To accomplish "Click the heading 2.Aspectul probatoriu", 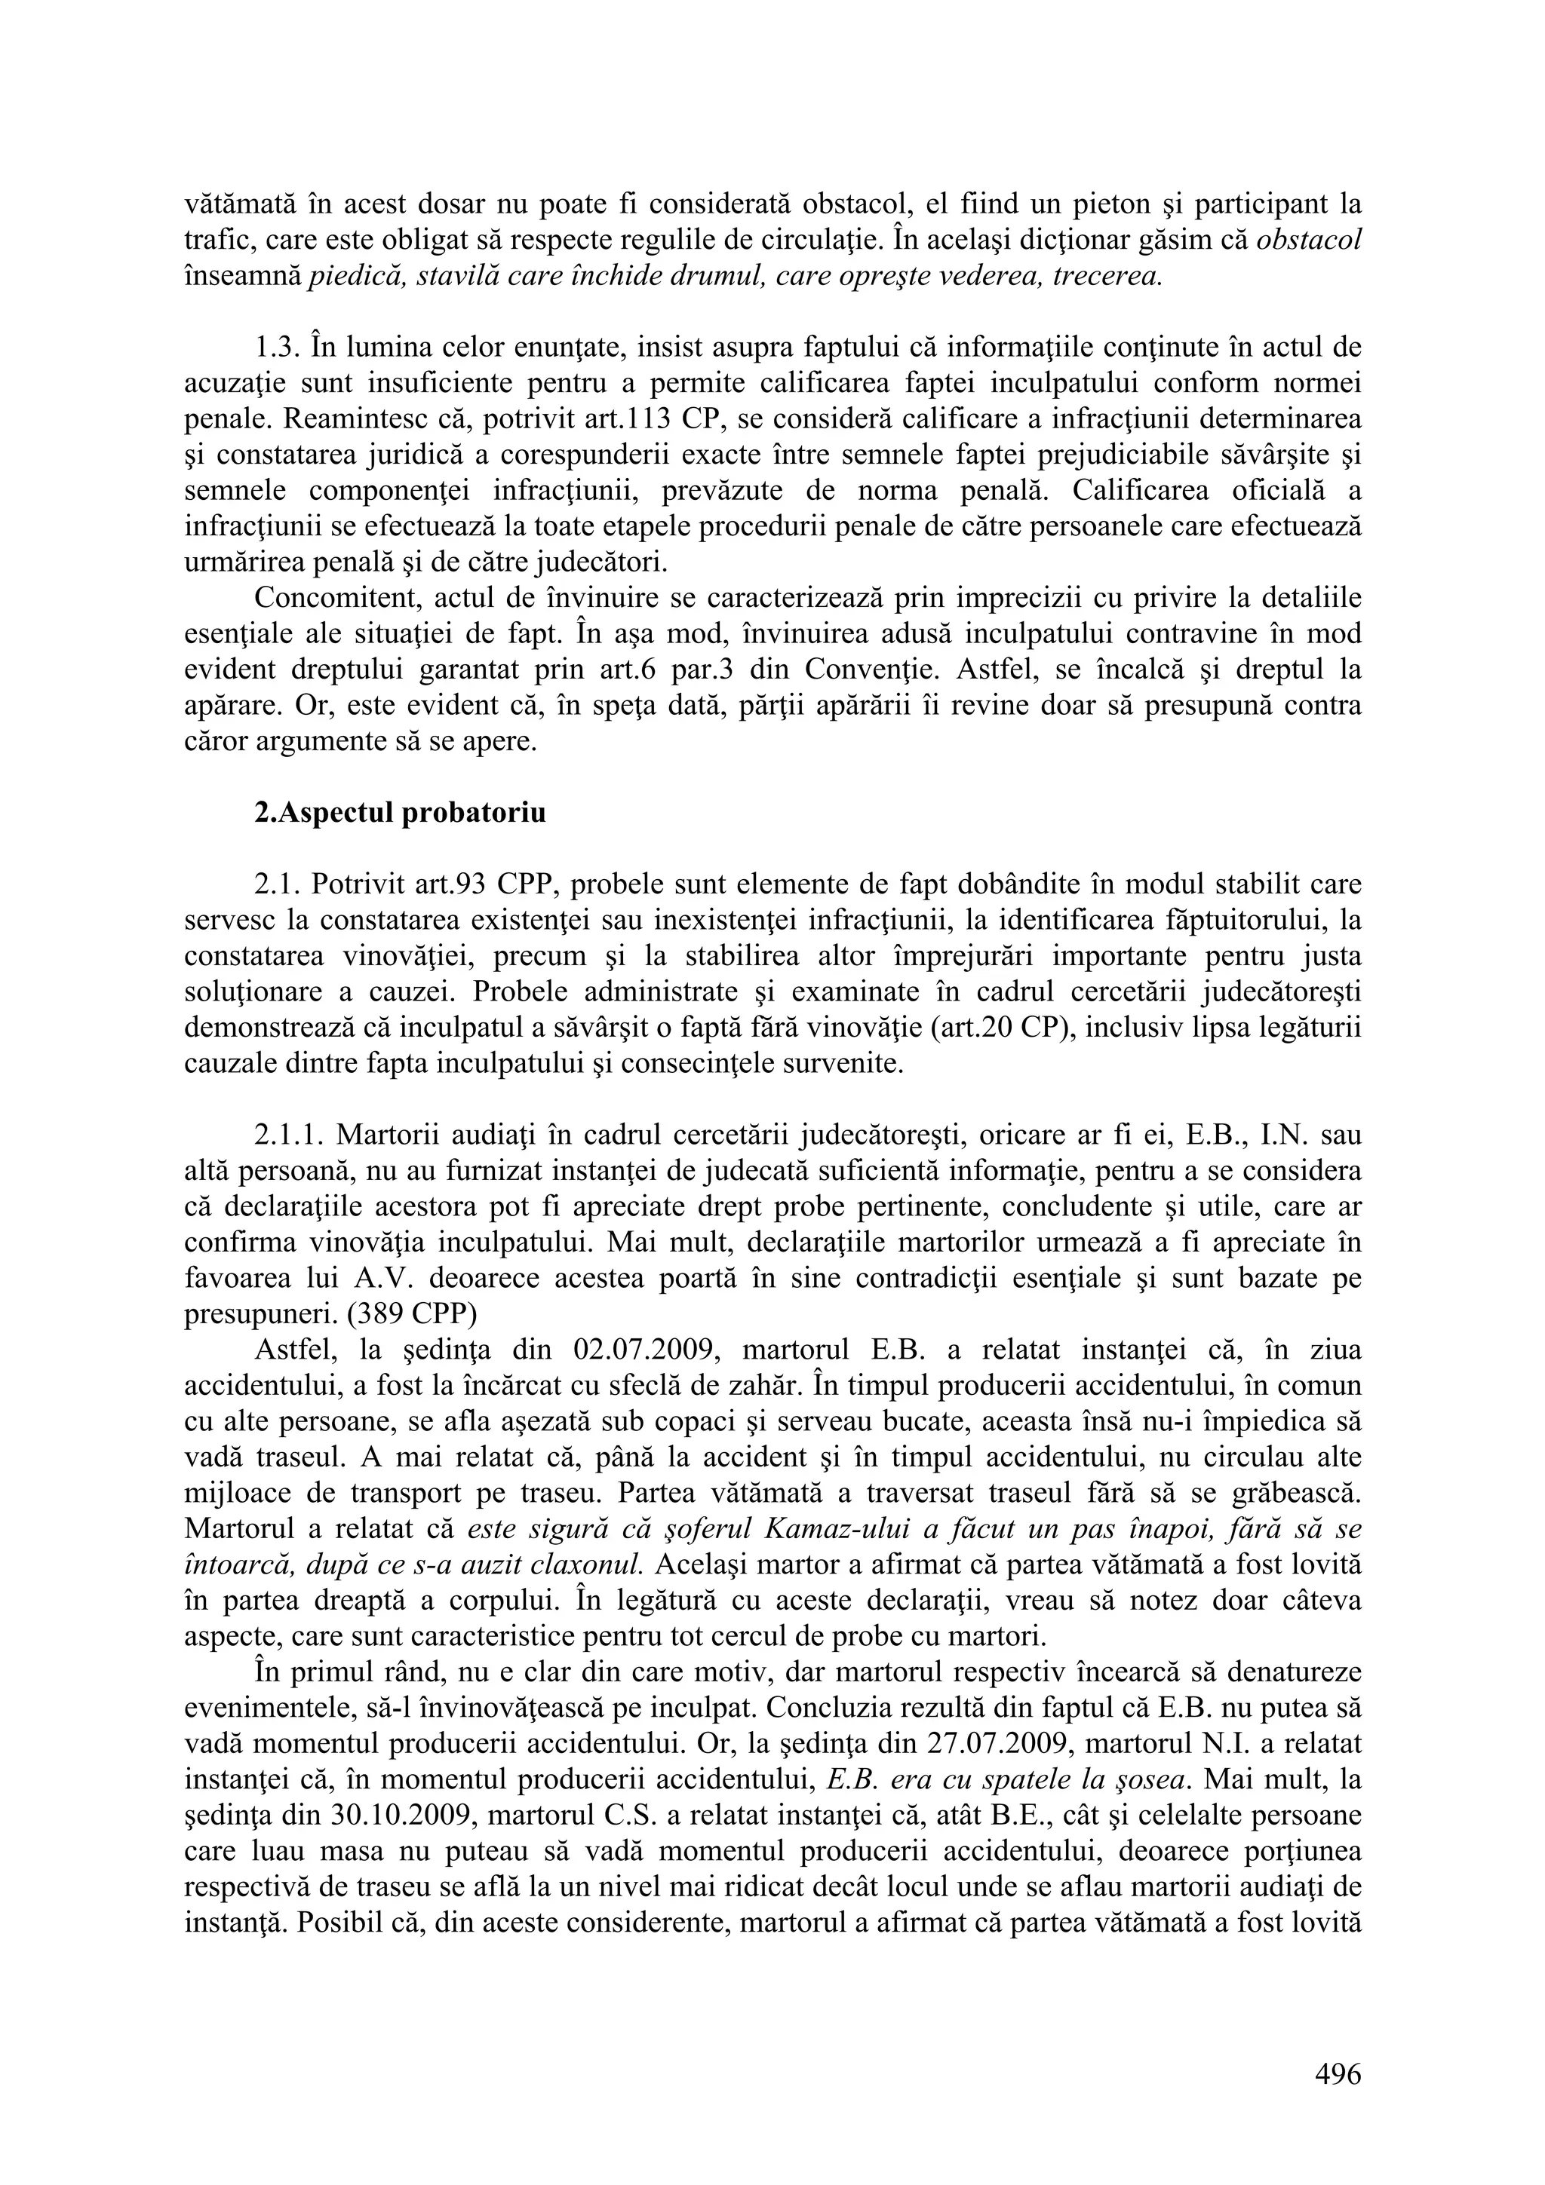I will tap(400, 814).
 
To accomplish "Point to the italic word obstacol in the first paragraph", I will tap(1308, 240).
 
